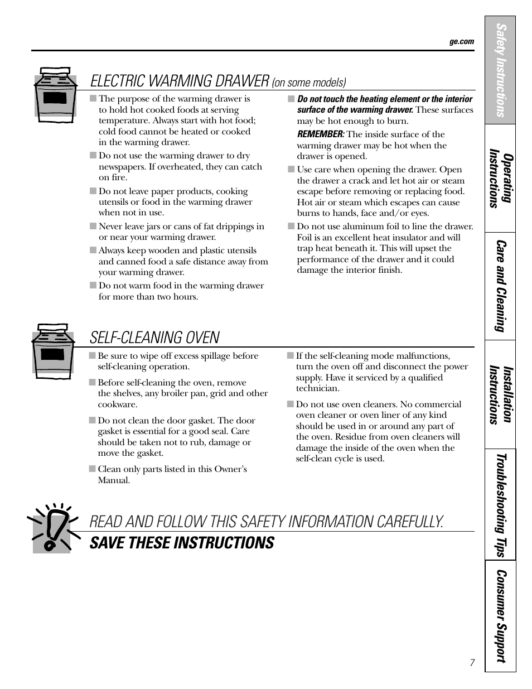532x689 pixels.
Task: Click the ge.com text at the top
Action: [461, 41]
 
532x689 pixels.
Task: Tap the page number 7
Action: [472, 663]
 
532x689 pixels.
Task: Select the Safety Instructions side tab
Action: [500, 70]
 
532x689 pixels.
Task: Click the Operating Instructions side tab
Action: [500, 179]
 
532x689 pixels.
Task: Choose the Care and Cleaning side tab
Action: [500, 286]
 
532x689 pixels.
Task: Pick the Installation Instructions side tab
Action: [500, 394]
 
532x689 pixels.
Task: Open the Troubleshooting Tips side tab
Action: [500, 505]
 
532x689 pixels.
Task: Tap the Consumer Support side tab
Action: [500, 616]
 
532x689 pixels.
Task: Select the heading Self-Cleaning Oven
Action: [154, 338]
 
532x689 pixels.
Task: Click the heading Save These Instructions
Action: [182, 543]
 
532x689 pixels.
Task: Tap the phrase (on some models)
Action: [309, 83]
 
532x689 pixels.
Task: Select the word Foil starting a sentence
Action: [306, 238]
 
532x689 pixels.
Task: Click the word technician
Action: [317, 388]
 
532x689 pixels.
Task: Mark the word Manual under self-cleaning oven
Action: [114, 480]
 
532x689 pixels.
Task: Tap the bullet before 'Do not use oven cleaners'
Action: [290, 404]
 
